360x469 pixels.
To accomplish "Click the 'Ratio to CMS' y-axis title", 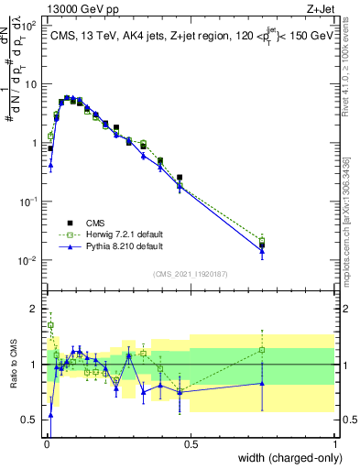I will [14, 365].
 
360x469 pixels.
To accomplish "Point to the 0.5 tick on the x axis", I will [191, 444].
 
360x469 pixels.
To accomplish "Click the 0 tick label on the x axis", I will [47, 444].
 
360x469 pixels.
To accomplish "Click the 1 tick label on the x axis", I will [335, 444].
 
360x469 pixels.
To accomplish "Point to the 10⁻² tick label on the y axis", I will [27, 261].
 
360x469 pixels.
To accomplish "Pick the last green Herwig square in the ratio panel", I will [262, 350].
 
